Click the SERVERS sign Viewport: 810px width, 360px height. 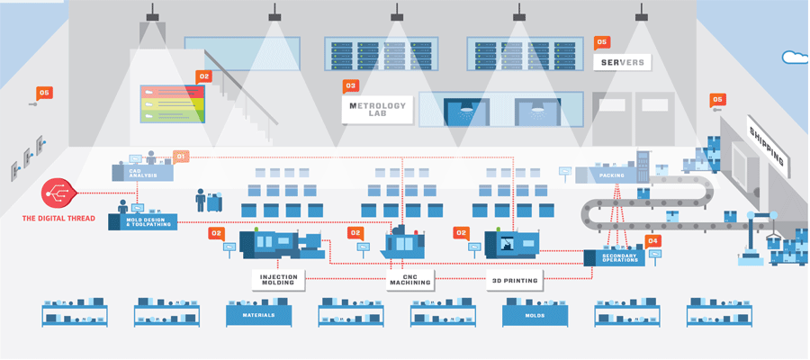click(622, 62)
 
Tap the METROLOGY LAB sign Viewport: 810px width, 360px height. click(377, 111)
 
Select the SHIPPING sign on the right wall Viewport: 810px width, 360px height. click(767, 146)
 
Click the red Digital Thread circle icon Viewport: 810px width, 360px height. click(57, 193)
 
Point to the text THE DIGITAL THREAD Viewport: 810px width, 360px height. click(58, 219)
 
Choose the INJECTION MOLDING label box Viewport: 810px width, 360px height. click(278, 280)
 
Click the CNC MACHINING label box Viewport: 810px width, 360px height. click(409, 280)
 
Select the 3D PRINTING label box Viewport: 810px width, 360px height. click(515, 280)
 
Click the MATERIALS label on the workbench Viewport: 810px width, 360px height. click(258, 316)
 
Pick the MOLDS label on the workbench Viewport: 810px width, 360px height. click(535, 316)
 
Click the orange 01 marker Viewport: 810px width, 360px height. click(181, 157)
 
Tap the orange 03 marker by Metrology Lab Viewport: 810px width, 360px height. click(351, 86)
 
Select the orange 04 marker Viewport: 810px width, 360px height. click(653, 240)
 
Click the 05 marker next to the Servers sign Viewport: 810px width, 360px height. click(602, 42)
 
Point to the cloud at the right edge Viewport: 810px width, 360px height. click(796, 58)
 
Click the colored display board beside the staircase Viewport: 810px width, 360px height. click(172, 103)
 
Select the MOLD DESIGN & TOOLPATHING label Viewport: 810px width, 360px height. click(150, 221)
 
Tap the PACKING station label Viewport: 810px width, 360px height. click(612, 176)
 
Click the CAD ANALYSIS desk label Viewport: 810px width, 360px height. click(142, 173)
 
